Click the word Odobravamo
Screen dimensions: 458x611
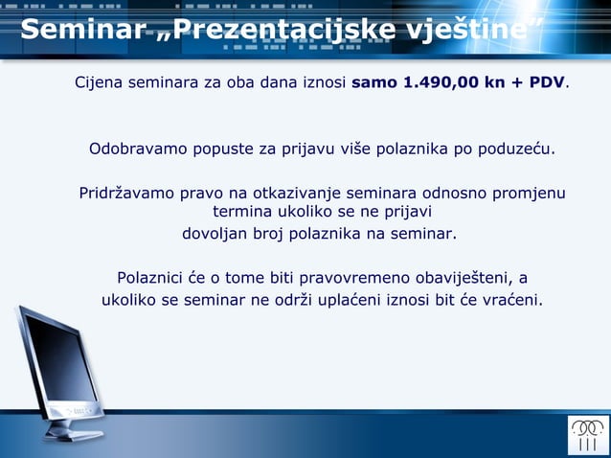point(138,149)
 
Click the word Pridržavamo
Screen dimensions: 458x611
point(125,194)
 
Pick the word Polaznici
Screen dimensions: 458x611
point(151,279)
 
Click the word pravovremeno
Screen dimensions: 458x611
point(353,279)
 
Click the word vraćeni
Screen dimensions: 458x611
point(511,300)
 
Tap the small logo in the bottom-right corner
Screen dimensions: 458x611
point(587,434)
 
